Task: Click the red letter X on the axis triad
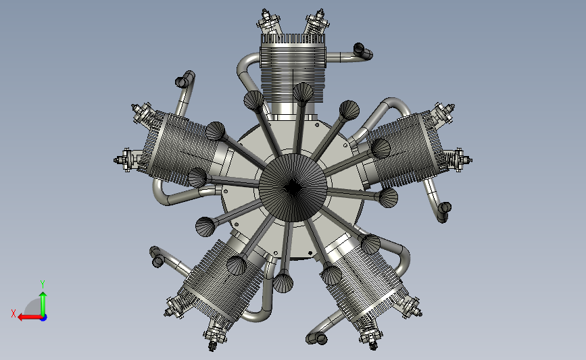point(14,313)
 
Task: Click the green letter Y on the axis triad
point(43,284)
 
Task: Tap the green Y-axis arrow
point(43,305)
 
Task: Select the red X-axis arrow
point(30,317)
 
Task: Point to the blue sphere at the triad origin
point(44,318)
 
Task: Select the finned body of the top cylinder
point(293,68)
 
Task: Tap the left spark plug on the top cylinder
point(268,22)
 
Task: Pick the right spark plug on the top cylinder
point(316,22)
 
